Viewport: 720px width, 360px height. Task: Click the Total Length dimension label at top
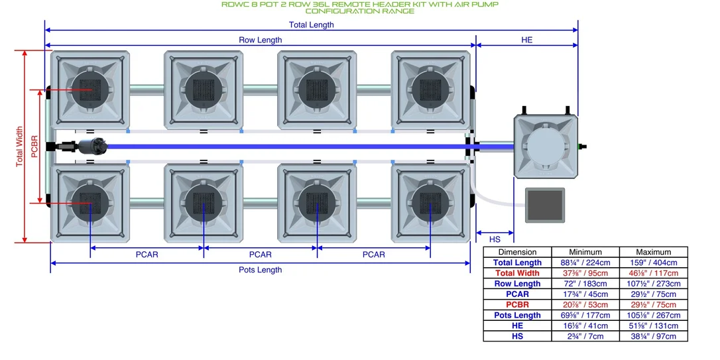[312, 25]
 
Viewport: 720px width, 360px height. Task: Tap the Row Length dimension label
[261, 40]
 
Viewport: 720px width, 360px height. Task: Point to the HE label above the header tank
[526, 40]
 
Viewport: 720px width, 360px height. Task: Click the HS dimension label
[495, 239]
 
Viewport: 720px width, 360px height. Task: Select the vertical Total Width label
[19, 147]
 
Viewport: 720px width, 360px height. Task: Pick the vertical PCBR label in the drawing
[34, 147]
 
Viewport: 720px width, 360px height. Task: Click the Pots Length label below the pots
[261, 270]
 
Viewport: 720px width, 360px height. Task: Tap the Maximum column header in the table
[654, 252]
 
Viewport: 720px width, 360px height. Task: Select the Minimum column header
[585, 252]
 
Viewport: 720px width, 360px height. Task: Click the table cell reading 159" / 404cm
[654, 263]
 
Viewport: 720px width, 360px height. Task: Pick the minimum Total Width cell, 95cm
[585, 273]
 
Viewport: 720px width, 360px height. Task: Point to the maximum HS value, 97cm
[654, 336]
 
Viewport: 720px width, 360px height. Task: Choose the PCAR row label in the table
[518, 294]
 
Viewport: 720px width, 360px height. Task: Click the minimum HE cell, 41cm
[585, 326]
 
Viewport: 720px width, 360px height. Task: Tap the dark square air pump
[544, 205]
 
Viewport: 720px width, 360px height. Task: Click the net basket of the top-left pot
[90, 90]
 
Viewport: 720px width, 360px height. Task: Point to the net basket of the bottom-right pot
[430, 204]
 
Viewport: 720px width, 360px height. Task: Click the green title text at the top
[360, 7]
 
